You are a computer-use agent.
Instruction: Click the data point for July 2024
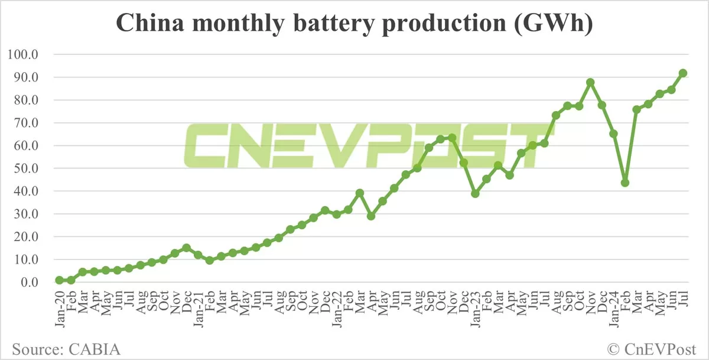[682, 73]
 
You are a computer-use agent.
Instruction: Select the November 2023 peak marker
[590, 82]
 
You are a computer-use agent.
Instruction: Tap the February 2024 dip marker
[625, 183]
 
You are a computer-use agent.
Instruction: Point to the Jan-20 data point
[59, 280]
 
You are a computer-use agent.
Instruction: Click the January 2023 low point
[474, 194]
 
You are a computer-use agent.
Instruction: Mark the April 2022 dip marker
[370, 216]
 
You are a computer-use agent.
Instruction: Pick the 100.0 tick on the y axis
[23, 55]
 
